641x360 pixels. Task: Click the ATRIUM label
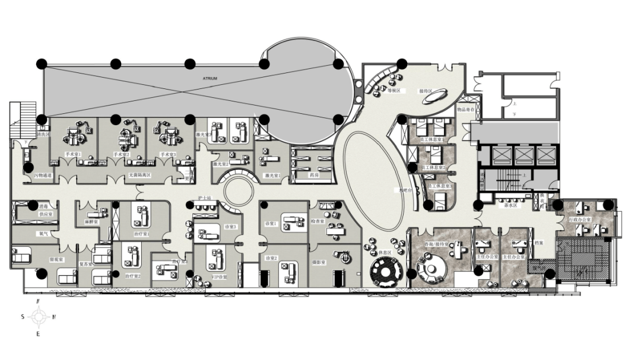click(210, 78)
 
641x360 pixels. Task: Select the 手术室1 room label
click(72, 154)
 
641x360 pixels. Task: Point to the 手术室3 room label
click(168, 154)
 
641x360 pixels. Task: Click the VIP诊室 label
click(219, 277)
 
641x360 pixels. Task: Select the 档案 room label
click(539, 242)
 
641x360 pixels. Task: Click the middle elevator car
click(525, 155)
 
